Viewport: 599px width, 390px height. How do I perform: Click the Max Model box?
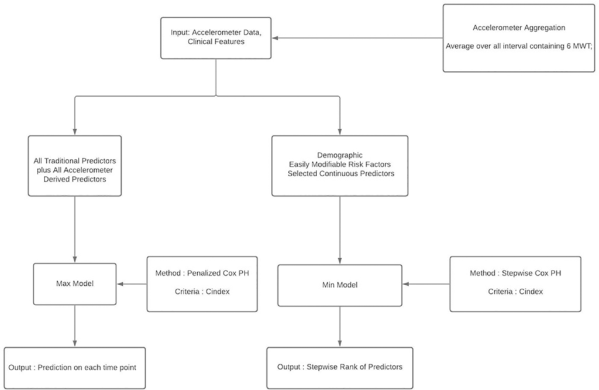pos(75,283)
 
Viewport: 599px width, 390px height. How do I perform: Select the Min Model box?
pos(340,285)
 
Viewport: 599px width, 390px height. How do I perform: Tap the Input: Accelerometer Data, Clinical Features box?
pos(216,38)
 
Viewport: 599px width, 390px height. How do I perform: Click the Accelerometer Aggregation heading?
pos(519,28)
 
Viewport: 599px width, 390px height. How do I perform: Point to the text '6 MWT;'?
pos(580,46)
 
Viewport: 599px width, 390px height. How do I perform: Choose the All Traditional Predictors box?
pos(75,166)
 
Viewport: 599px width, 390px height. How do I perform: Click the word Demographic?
pos(340,155)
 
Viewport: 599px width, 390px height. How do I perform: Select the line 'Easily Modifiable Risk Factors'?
pos(340,165)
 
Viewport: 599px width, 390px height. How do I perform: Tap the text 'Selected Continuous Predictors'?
pos(341,173)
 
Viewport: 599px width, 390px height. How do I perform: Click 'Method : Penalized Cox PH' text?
pos(202,273)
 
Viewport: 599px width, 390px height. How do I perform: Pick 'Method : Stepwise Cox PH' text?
pos(515,273)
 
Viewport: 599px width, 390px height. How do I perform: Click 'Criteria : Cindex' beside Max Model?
pos(202,292)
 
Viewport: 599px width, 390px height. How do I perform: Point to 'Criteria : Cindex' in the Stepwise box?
pos(515,292)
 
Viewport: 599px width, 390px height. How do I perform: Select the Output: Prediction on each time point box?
pos(75,368)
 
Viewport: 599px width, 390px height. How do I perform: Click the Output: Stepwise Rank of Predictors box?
pos(340,368)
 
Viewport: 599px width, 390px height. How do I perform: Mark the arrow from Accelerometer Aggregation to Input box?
pos(357,38)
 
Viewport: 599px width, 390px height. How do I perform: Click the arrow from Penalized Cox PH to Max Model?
pos(132,284)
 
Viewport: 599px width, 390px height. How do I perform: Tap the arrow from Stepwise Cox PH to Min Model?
pos(426,284)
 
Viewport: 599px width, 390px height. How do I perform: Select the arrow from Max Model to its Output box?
pos(75,326)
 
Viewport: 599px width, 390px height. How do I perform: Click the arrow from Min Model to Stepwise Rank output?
pos(340,327)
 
